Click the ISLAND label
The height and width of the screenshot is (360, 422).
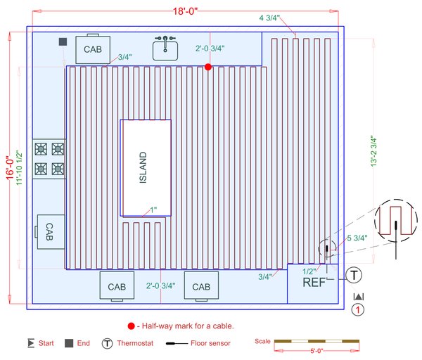143,167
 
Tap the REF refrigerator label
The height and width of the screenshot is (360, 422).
314,283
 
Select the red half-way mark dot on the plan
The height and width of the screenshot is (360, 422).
208,67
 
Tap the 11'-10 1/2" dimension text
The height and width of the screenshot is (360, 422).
20,169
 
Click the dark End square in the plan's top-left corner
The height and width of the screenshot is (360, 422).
63,42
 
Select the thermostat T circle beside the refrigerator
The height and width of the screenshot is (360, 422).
354,275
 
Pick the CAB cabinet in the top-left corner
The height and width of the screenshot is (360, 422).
93,49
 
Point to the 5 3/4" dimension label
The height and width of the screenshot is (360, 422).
357,238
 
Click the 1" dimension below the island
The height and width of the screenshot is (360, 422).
153,210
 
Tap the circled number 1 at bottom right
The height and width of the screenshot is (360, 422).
358,310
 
